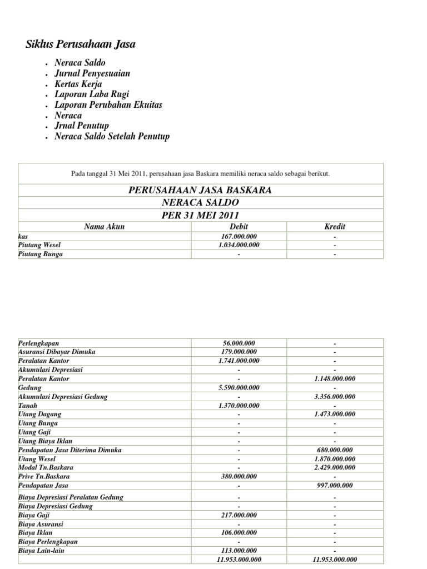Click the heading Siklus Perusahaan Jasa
click(x=81, y=44)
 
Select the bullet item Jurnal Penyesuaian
click(x=92, y=73)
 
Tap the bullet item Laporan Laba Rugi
click(x=92, y=94)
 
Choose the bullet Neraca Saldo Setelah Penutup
click(x=112, y=136)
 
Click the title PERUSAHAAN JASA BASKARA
click(x=200, y=190)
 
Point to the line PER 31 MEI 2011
click(x=200, y=215)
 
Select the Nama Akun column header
click(x=105, y=227)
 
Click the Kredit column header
click(x=335, y=227)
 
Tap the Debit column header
click(x=239, y=227)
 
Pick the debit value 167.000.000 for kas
click(x=239, y=236)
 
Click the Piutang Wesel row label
click(x=39, y=245)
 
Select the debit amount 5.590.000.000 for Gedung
click(x=239, y=387)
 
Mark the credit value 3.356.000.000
click(x=335, y=396)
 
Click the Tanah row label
click(x=27, y=405)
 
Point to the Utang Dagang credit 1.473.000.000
click(x=335, y=414)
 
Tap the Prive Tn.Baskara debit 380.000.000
click(x=239, y=476)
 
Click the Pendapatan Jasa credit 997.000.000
click(x=335, y=486)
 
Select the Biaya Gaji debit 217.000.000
click(x=239, y=515)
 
